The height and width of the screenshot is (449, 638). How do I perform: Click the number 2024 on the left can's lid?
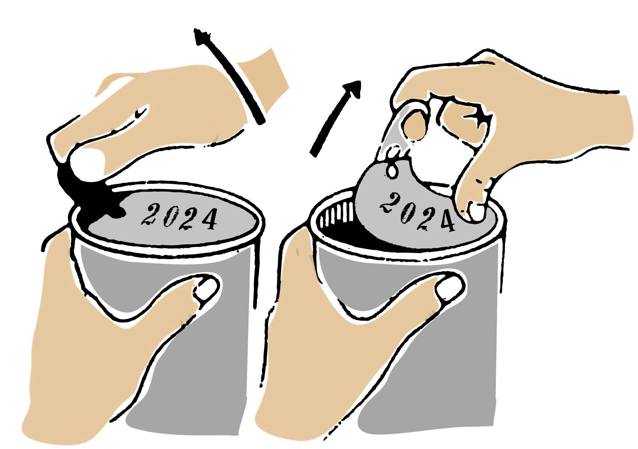[179, 217]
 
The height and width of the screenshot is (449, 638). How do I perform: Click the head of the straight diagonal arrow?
[353, 89]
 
